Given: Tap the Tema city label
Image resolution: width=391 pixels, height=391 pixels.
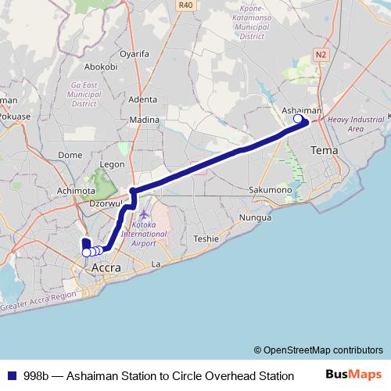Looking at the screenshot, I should [324, 149].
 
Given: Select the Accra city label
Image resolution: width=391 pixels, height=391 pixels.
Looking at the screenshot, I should [106, 268].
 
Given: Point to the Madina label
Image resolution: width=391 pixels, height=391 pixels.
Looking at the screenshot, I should [144, 120].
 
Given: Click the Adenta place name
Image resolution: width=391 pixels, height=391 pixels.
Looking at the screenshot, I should [142, 99].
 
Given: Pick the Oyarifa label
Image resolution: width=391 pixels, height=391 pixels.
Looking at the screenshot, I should [135, 54].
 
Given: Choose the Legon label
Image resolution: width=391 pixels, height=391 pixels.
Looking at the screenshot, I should [112, 165].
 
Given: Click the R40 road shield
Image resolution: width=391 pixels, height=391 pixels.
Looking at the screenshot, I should [185, 5].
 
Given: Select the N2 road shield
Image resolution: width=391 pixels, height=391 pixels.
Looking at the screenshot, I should [321, 54].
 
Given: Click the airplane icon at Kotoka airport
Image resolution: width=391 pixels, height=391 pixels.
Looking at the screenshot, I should [143, 213].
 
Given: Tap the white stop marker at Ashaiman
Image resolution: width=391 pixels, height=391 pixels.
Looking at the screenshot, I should [298, 119].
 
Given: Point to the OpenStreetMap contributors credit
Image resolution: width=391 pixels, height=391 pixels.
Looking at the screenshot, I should [317, 350].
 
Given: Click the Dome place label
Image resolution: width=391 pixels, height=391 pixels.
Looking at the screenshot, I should [70, 155].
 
